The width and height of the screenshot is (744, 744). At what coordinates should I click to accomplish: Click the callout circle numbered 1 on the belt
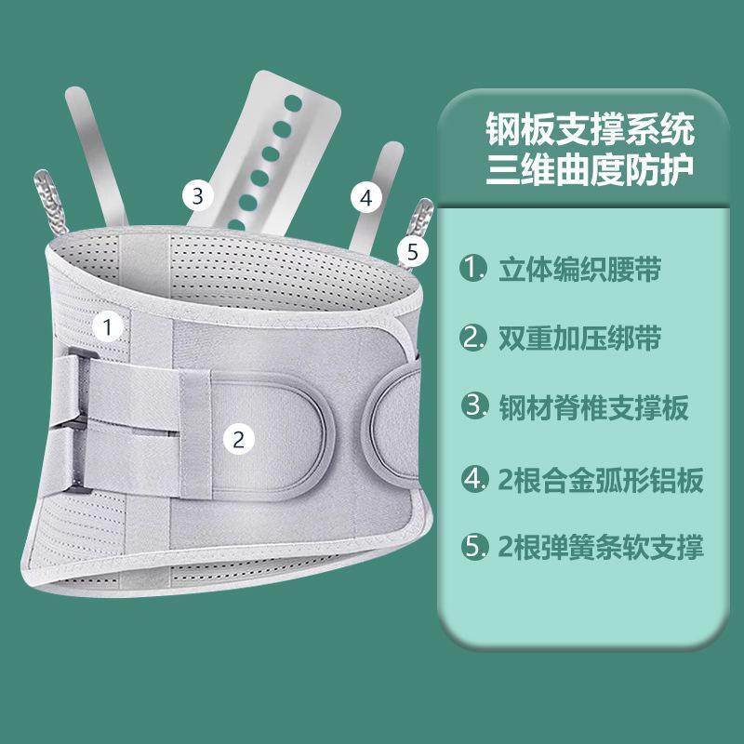tap(108, 326)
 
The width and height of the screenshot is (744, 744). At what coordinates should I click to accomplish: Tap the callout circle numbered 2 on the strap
tap(238, 440)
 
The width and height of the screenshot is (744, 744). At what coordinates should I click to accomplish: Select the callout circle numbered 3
tap(197, 195)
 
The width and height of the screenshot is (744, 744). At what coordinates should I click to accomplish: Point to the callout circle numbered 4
tap(365, 197)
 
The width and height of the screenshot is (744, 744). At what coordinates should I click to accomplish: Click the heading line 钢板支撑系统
tap(591, 130)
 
